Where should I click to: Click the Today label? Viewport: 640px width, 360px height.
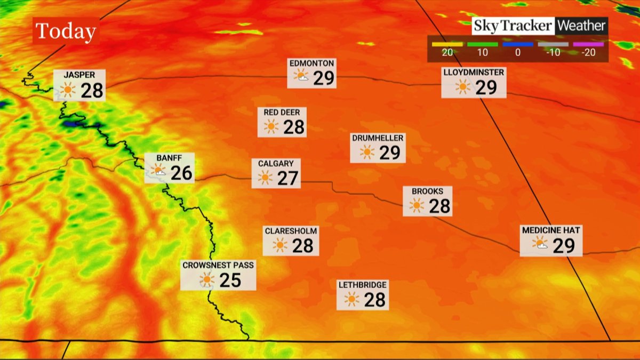[x=65, y=32]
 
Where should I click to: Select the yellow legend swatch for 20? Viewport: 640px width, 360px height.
[x=447, y=44]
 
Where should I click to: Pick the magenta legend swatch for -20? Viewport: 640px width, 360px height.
[x=588, y=44]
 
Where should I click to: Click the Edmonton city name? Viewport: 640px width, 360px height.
[x=311, y=63]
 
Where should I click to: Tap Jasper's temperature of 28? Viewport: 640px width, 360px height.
[x=92, y=90]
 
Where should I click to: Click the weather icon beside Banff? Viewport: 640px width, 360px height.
[x=158, y=171]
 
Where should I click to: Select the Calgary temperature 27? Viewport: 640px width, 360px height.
[x=287, y=178]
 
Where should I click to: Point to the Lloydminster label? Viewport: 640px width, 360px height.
[x=473, y=71]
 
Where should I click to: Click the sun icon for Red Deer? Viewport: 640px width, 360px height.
[x=271, y=126]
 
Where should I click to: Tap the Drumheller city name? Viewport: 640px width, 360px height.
[x=378, y=138]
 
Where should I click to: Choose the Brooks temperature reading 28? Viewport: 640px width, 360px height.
[x=439, y=206]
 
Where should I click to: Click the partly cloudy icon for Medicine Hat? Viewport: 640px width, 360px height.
[x=540, y=244]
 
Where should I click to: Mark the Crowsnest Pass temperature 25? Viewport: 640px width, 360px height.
[x=230, y=279]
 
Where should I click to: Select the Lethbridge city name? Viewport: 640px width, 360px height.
[x=362, y=285]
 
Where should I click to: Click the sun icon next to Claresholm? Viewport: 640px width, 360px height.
[x=279, y=245]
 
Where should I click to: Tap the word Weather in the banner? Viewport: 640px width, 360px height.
[x=581, y=26]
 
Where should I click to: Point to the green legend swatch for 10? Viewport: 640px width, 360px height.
[x=483, y=44]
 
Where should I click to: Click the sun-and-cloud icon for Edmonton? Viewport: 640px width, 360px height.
[x=301, y=76]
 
